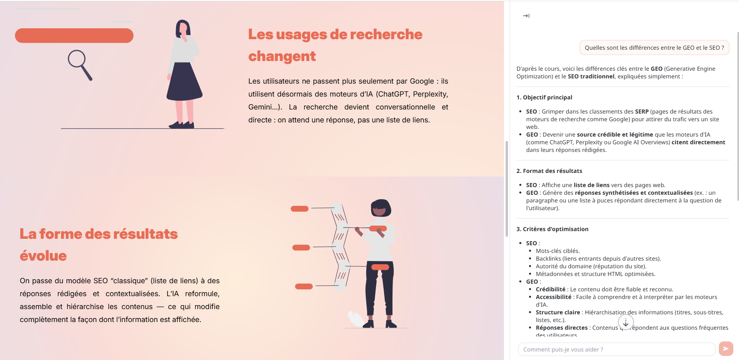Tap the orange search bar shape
[x=74, y=36]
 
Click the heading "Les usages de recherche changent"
[x=335, y=45]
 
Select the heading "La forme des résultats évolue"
[x=99, y=245]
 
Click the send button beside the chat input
[x=726, y=349]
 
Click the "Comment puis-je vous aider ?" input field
[x=617, y=349]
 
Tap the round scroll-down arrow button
[x=626, y=322]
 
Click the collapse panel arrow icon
[x=526, y=16]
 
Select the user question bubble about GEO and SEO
[x=654, y=48]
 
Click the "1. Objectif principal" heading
[x=544, y=97]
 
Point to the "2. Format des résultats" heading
[x=549, y=171]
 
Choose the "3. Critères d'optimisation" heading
[x=552, y=229]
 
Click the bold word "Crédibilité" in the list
[x=551, y=289]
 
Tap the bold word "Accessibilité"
[x=554, y=297]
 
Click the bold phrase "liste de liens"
[x=592, y=185]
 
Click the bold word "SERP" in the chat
[x=642, y=112]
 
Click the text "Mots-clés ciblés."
[x=558, y=251]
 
